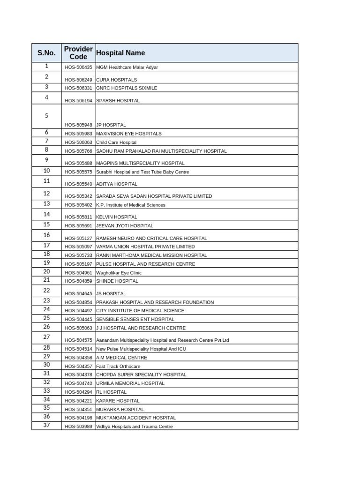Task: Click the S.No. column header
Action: [46, 53]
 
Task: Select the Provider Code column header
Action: [78, 53]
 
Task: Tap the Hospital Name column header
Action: [120, 53]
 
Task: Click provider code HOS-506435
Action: [78, 67]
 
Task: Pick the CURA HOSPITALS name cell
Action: [116, 80]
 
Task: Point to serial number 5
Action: [46, 116]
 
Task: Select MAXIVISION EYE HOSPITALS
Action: [128, 134]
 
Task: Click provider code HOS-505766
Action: [78, 151]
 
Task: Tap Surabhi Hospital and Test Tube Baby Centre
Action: [142, 172]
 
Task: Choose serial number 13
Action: [46, 204]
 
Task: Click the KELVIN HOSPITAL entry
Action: [116, 217]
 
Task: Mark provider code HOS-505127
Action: [78, 238]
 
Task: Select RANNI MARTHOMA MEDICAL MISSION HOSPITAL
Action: [151, 255]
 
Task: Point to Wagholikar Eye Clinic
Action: [119, 273]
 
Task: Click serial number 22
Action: [46, 291]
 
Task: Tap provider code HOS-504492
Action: [78, 311]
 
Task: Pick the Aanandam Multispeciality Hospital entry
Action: [162, 340]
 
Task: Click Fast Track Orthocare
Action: [118, 367]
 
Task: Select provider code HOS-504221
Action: [78, 401]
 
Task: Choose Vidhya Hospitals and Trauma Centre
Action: [134, 427]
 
